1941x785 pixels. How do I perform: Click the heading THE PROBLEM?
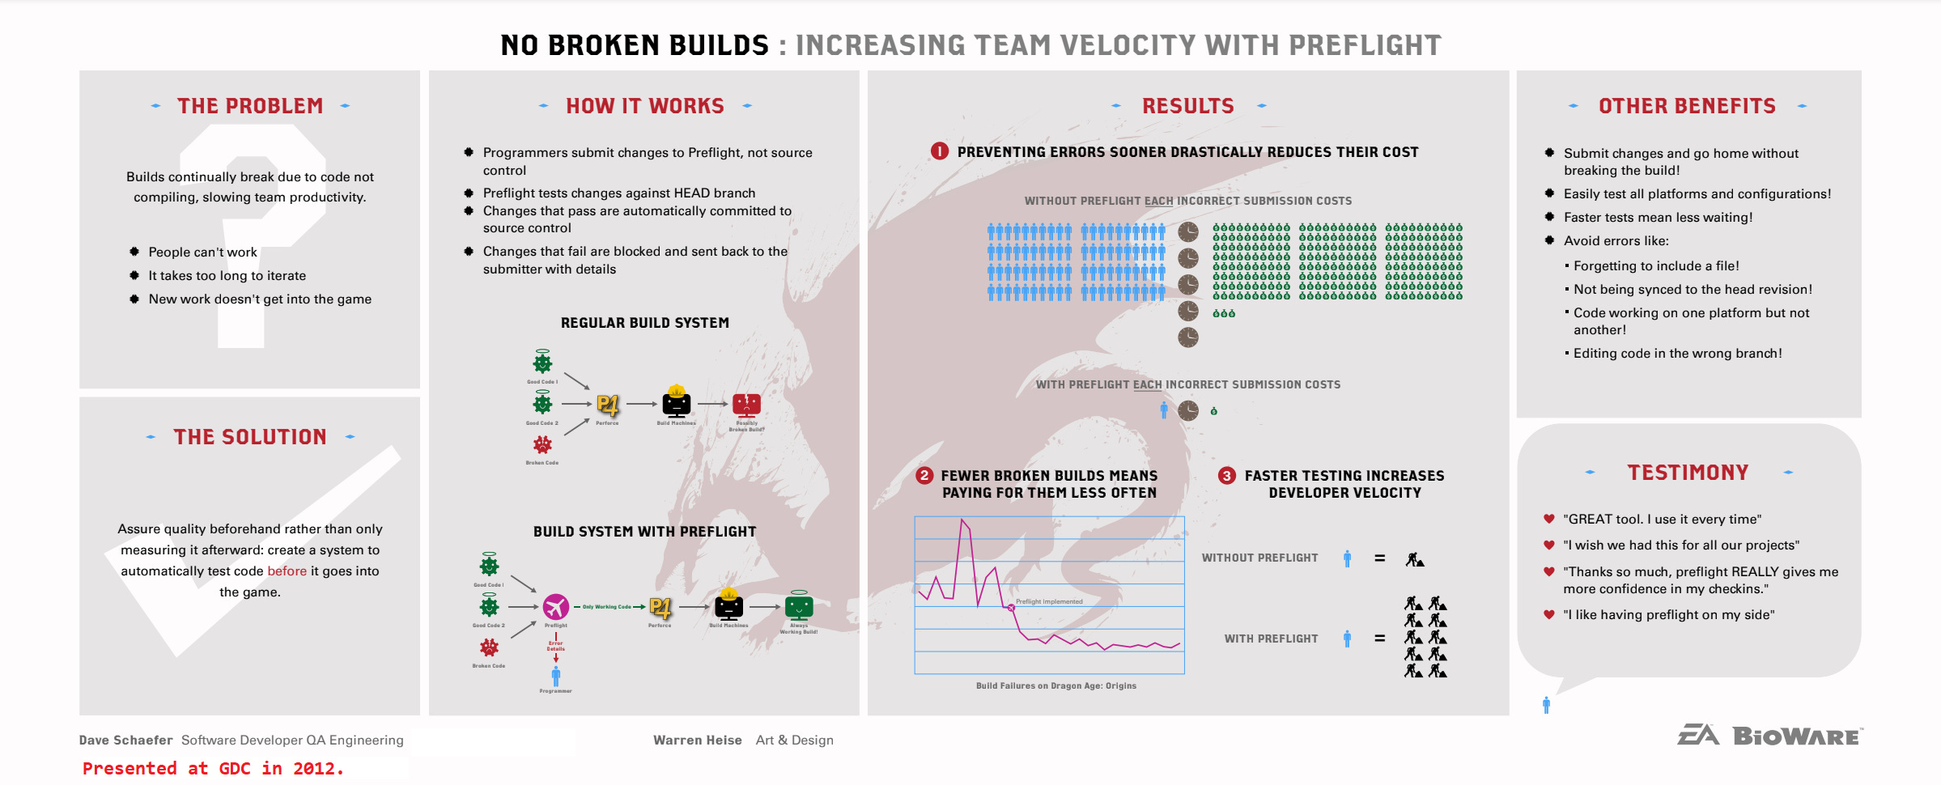pyautogui.click(x=250, y=106)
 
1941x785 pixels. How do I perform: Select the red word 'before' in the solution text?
pyautogui.click(x=287, y=571)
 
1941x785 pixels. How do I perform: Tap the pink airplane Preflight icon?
pyautogui.click(x=556, y=606)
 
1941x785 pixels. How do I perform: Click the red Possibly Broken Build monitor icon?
pyautogui.click(x=746, y=404)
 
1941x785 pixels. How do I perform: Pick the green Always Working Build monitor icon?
pyautogui.click(x=799, y=606)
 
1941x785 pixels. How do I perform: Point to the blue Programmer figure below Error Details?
pyautogui.click(x=556, y=676)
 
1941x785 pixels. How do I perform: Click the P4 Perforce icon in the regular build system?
pyautogui.click(x=607, y=405)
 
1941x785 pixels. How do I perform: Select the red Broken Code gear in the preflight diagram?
pyautogui.click(x=489, y=647)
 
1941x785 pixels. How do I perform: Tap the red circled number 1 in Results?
pyautogui.click(x=939, y=151)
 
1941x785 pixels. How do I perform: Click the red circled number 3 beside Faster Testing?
pyautogui.click(x=1226, y=476)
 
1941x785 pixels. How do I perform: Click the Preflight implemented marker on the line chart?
pyautogui.click(x=1011, y=607)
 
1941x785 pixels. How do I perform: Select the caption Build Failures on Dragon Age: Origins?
pyautogui.click(x=1055, y=685)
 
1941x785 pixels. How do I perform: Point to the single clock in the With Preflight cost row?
pyautogui.click(x=1187, y=410)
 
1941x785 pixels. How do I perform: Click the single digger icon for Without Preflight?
pyautogui.click(x=1414, y=558)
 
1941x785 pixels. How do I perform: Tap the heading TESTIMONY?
pyautogui.click(x=1688, y=473)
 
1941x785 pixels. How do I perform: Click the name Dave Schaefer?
pyautogui.click(x=125, y=740)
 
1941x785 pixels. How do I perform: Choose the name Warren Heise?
pyautogui.click(x=697, y=740)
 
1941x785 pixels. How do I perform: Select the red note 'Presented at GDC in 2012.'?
pyautogui.click(x=213, y=768)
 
